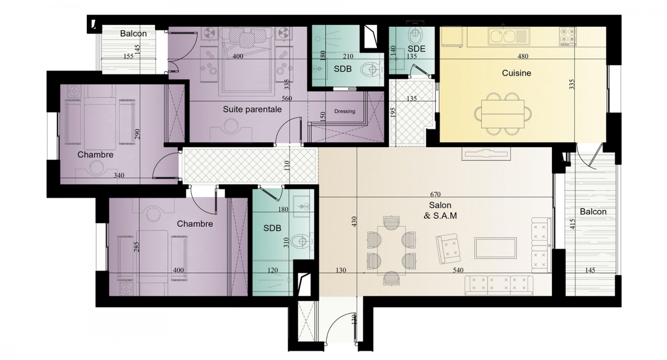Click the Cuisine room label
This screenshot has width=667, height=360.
tap(516, 73)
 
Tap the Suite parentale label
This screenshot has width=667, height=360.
tap(252, 109)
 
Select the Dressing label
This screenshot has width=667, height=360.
tap(345, 111)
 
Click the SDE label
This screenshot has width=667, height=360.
tap(416, 49)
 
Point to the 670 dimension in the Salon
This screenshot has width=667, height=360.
tap(435, 194)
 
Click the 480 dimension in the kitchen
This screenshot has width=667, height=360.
tap(523, 56)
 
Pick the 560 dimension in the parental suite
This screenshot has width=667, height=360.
tap(286, 98)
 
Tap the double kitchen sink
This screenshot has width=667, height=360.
tap(509, 37)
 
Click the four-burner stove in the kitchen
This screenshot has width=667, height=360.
tap(568, 36)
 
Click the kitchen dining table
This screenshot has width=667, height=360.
tap(502, 114)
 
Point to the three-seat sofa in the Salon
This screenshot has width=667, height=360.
tap(499, 285)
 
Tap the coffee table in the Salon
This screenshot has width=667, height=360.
tap(495, 248)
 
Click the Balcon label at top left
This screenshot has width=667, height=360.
tap(133, 34)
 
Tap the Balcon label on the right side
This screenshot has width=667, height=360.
tap(593, 212)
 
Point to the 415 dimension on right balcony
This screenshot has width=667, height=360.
tap(573, 224)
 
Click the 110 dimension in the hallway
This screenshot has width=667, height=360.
tap(287, 166)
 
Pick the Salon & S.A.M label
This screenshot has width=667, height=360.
tap(440, 211)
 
